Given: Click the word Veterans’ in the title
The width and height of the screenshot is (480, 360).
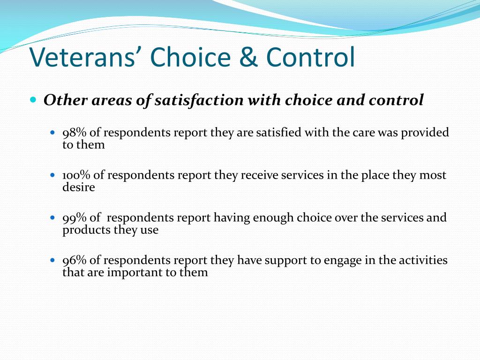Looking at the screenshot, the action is click(x=82, y=57).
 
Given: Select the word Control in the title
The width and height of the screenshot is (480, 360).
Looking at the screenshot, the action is click(x=311, y=57).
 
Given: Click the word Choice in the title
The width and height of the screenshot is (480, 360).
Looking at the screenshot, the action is click(x=190, y=57).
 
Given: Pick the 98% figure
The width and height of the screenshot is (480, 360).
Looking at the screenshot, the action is click(x=75, y=133).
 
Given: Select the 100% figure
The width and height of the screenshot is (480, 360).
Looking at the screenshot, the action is click(x=76, y=175).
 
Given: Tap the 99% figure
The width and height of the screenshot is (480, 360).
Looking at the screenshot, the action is click(x=75, y=217).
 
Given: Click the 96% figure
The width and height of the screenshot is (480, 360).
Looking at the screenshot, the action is click(x=75, y=260).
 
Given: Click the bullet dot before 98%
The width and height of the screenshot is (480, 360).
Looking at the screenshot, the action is click(x=52, y=133).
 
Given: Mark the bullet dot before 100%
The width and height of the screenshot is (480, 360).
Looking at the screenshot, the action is click(x=52, y=175).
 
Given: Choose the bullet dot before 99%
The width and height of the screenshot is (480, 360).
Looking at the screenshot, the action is click(x=52, y=218).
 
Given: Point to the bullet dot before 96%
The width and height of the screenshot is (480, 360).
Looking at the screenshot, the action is click(x=52, y=261).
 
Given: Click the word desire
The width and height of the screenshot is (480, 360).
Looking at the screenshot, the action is click(x=79, y=187).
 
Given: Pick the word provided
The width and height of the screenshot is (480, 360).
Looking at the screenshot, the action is click(x=425, y=133).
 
